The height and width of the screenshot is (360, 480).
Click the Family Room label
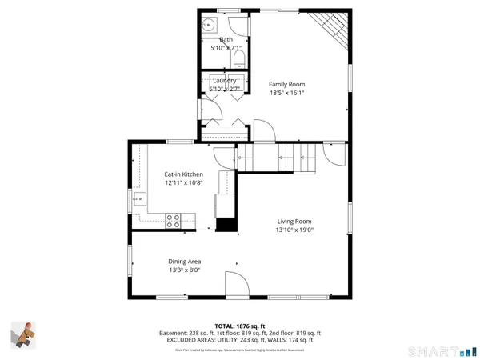point(286,84)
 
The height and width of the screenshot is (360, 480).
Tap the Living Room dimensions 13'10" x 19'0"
point(294,230)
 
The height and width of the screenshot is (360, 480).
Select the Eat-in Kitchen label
point(184,174)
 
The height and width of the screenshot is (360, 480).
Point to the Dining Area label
point(184,262)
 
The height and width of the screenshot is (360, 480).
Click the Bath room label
point(226,39)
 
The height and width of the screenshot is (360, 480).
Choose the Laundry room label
point(223,81)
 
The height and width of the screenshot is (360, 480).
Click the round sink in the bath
point(206,23)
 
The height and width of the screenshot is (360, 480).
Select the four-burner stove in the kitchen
point(172,221)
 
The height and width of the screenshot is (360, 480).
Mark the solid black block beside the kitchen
point(227,225)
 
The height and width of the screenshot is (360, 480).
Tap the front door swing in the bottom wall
point(235,283)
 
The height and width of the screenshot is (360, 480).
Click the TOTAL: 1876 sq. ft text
point(240,326)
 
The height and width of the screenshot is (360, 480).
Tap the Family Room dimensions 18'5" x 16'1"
point(286,93)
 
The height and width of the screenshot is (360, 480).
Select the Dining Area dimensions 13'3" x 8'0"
point(184,270)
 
